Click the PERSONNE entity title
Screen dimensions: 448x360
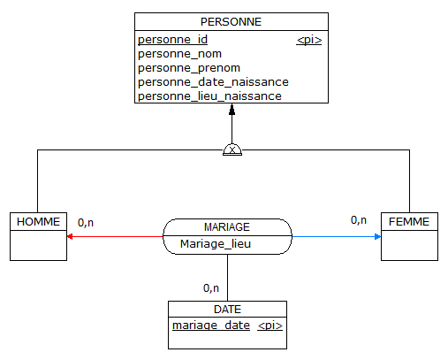231,22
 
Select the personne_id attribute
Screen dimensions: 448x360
172,40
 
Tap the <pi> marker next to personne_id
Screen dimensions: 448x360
309,40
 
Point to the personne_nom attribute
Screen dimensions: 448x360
179,54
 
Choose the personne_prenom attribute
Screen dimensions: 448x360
189,68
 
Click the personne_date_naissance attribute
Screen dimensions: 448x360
213,82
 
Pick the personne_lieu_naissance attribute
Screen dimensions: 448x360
209,96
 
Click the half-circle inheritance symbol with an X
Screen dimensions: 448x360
232,149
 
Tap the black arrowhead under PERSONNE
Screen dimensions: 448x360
232,110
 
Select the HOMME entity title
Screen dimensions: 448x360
38,222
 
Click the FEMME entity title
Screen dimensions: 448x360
409,222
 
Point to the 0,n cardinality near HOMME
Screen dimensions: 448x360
86,223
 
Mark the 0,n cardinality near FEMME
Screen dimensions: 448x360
359,220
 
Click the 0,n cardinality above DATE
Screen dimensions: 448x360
211,288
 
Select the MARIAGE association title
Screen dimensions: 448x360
227,227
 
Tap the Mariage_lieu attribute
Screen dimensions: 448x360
216,244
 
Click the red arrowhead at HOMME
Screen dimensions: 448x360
70,236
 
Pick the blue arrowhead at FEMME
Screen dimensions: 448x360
377,236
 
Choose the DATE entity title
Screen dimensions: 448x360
227,310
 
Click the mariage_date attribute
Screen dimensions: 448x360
211,326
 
